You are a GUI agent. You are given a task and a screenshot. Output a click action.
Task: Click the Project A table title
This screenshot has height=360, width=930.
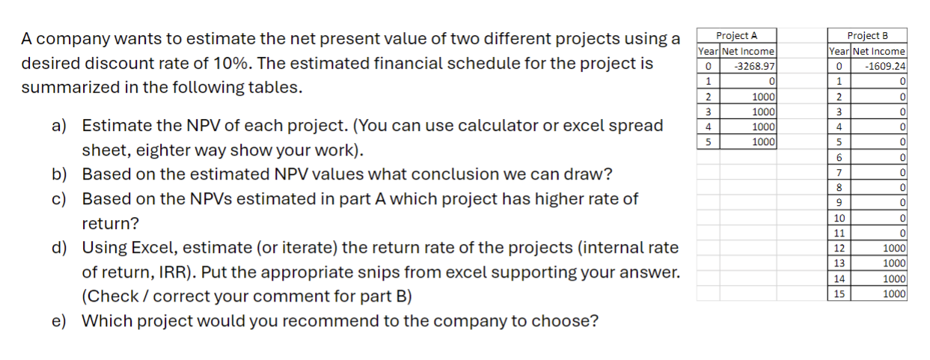pyautogui.click(x=736, y=35)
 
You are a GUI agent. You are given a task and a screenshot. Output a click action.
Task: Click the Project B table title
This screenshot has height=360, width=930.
pyautogui.click(x=867, y=35)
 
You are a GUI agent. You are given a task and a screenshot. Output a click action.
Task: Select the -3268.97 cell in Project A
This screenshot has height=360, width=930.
pyautogui.click(x=747, y=66)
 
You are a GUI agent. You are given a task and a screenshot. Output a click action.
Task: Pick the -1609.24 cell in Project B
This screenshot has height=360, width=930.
pyautogui.click(x=879, y=66)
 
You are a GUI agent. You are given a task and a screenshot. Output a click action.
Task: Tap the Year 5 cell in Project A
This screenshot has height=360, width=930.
pyautogui.click(x=708, y=141)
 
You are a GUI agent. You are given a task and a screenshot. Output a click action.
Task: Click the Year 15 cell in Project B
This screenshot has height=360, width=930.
pyautogui.click(x=839, y=293)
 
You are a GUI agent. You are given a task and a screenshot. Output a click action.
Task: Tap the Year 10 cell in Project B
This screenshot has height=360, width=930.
pyautogui.click(x=839, y=218)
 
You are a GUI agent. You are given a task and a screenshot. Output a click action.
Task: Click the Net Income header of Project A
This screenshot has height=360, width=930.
pyautogui.click(x=747, y=51)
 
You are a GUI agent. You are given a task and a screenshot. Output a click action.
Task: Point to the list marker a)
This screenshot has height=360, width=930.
pyautogui.click(x=59, y=126)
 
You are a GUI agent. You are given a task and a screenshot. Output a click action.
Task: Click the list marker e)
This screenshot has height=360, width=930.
pyautogui.click(x=59, y=321)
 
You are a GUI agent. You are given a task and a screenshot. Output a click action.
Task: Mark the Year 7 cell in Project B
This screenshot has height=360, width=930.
pyautogui.click(x=839, y=172)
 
